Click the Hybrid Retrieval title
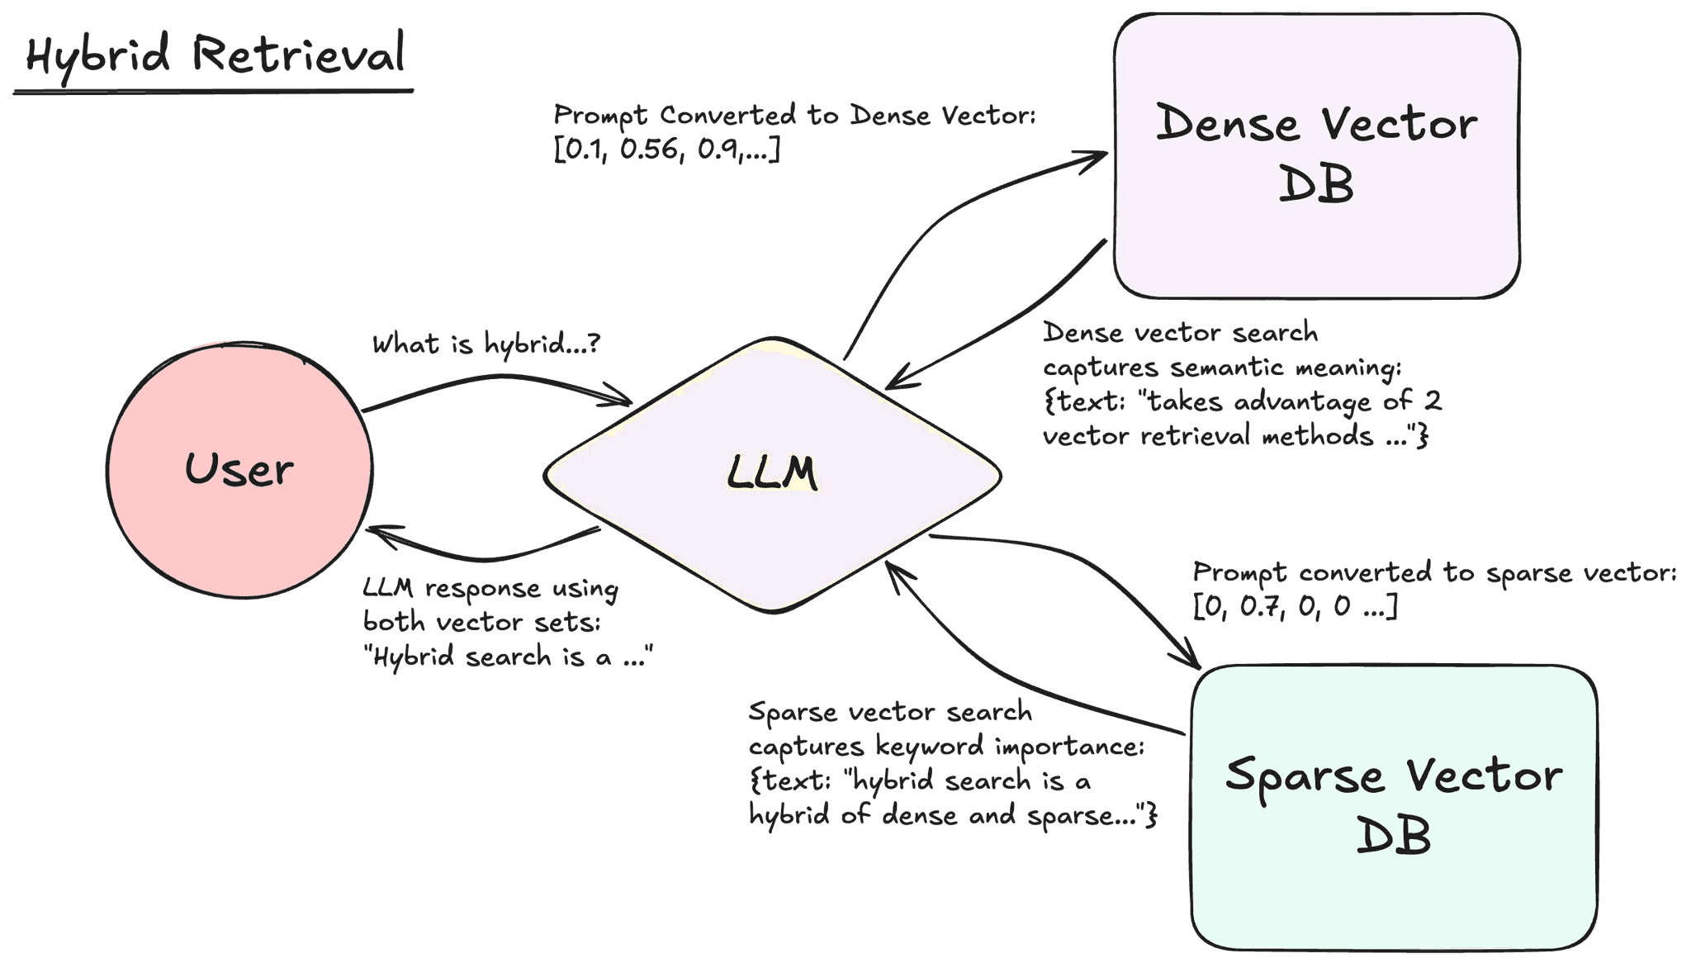point(215,55)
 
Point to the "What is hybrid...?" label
point(486,344)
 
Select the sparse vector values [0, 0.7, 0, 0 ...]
point(1295,607)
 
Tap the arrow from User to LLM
point(495,378)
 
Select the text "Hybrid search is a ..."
point(508,657)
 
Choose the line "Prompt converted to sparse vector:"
point(1434,572)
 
